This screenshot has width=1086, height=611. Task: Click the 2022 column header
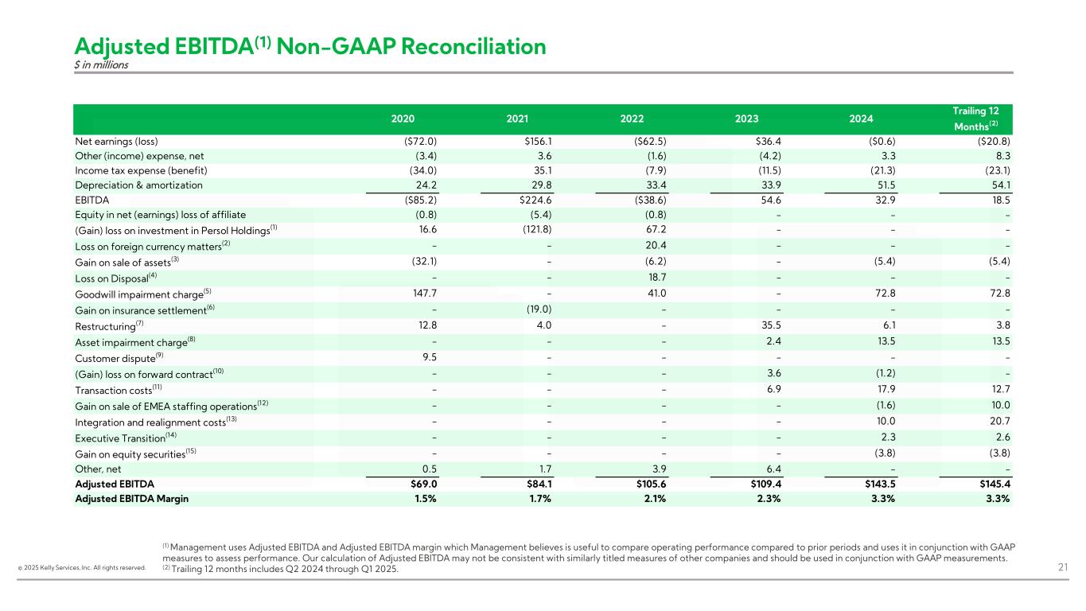pos(633,119)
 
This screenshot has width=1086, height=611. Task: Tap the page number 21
pos(1064,567)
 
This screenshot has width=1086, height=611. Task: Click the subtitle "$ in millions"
pos(101,65)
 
